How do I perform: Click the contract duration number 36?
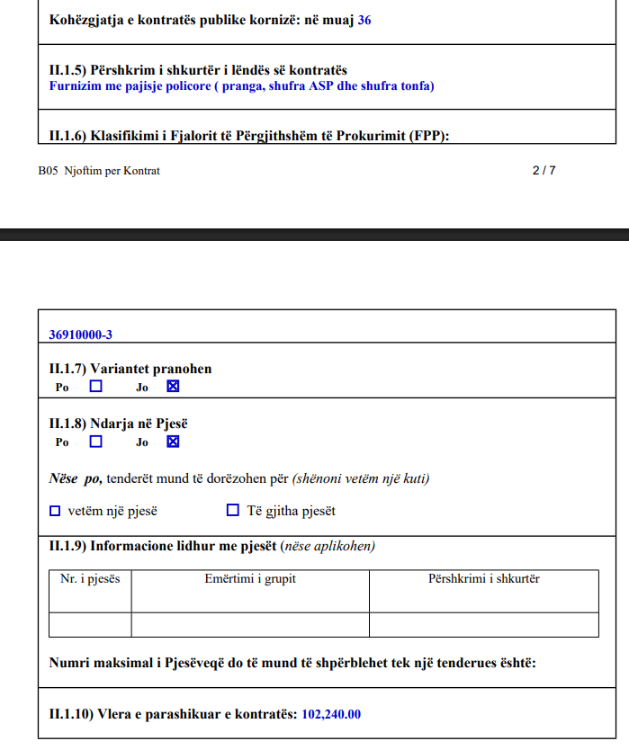364,19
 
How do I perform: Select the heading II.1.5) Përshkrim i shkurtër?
198,70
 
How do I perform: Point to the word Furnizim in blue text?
73,86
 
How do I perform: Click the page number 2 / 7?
544,170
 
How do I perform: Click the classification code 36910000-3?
81,335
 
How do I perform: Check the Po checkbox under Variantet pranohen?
96,387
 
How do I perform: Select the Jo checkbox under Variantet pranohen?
174,387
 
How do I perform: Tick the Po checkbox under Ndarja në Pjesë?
96,442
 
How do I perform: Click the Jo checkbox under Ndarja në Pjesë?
174,442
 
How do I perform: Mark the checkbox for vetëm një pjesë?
55,511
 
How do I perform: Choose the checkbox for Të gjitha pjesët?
233,511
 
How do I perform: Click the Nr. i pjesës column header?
90,578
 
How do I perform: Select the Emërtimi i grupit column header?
250,578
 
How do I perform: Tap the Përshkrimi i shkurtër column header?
484,578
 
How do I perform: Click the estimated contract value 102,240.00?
331,714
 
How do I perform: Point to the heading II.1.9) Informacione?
163,546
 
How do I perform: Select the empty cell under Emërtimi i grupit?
250,624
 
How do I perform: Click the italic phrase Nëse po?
75,478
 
